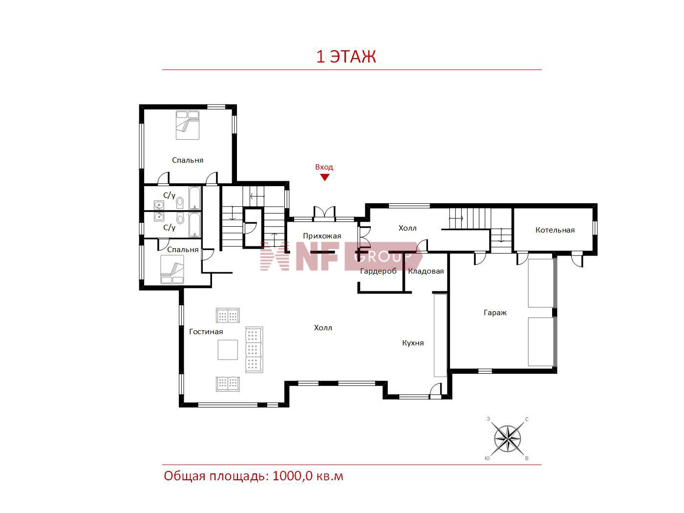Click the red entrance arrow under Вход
(325, 177)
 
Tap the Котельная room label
(555, 230)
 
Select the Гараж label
(495, 312)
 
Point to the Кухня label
(413, 343)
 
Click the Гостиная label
(206, 331)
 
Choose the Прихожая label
(322, 236)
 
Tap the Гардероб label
(378, 271)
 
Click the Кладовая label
(426, 271)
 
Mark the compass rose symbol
(507, 439)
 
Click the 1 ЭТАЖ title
(346, 56)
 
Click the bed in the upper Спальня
(187, 125)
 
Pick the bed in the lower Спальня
(172, 270)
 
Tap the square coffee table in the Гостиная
(228, 350)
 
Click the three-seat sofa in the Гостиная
(254, 349)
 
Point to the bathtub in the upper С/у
(195, 198)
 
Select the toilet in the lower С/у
(180, 218)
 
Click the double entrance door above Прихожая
(325, 213)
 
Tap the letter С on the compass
(527, 419)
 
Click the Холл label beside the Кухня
(323, 328)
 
